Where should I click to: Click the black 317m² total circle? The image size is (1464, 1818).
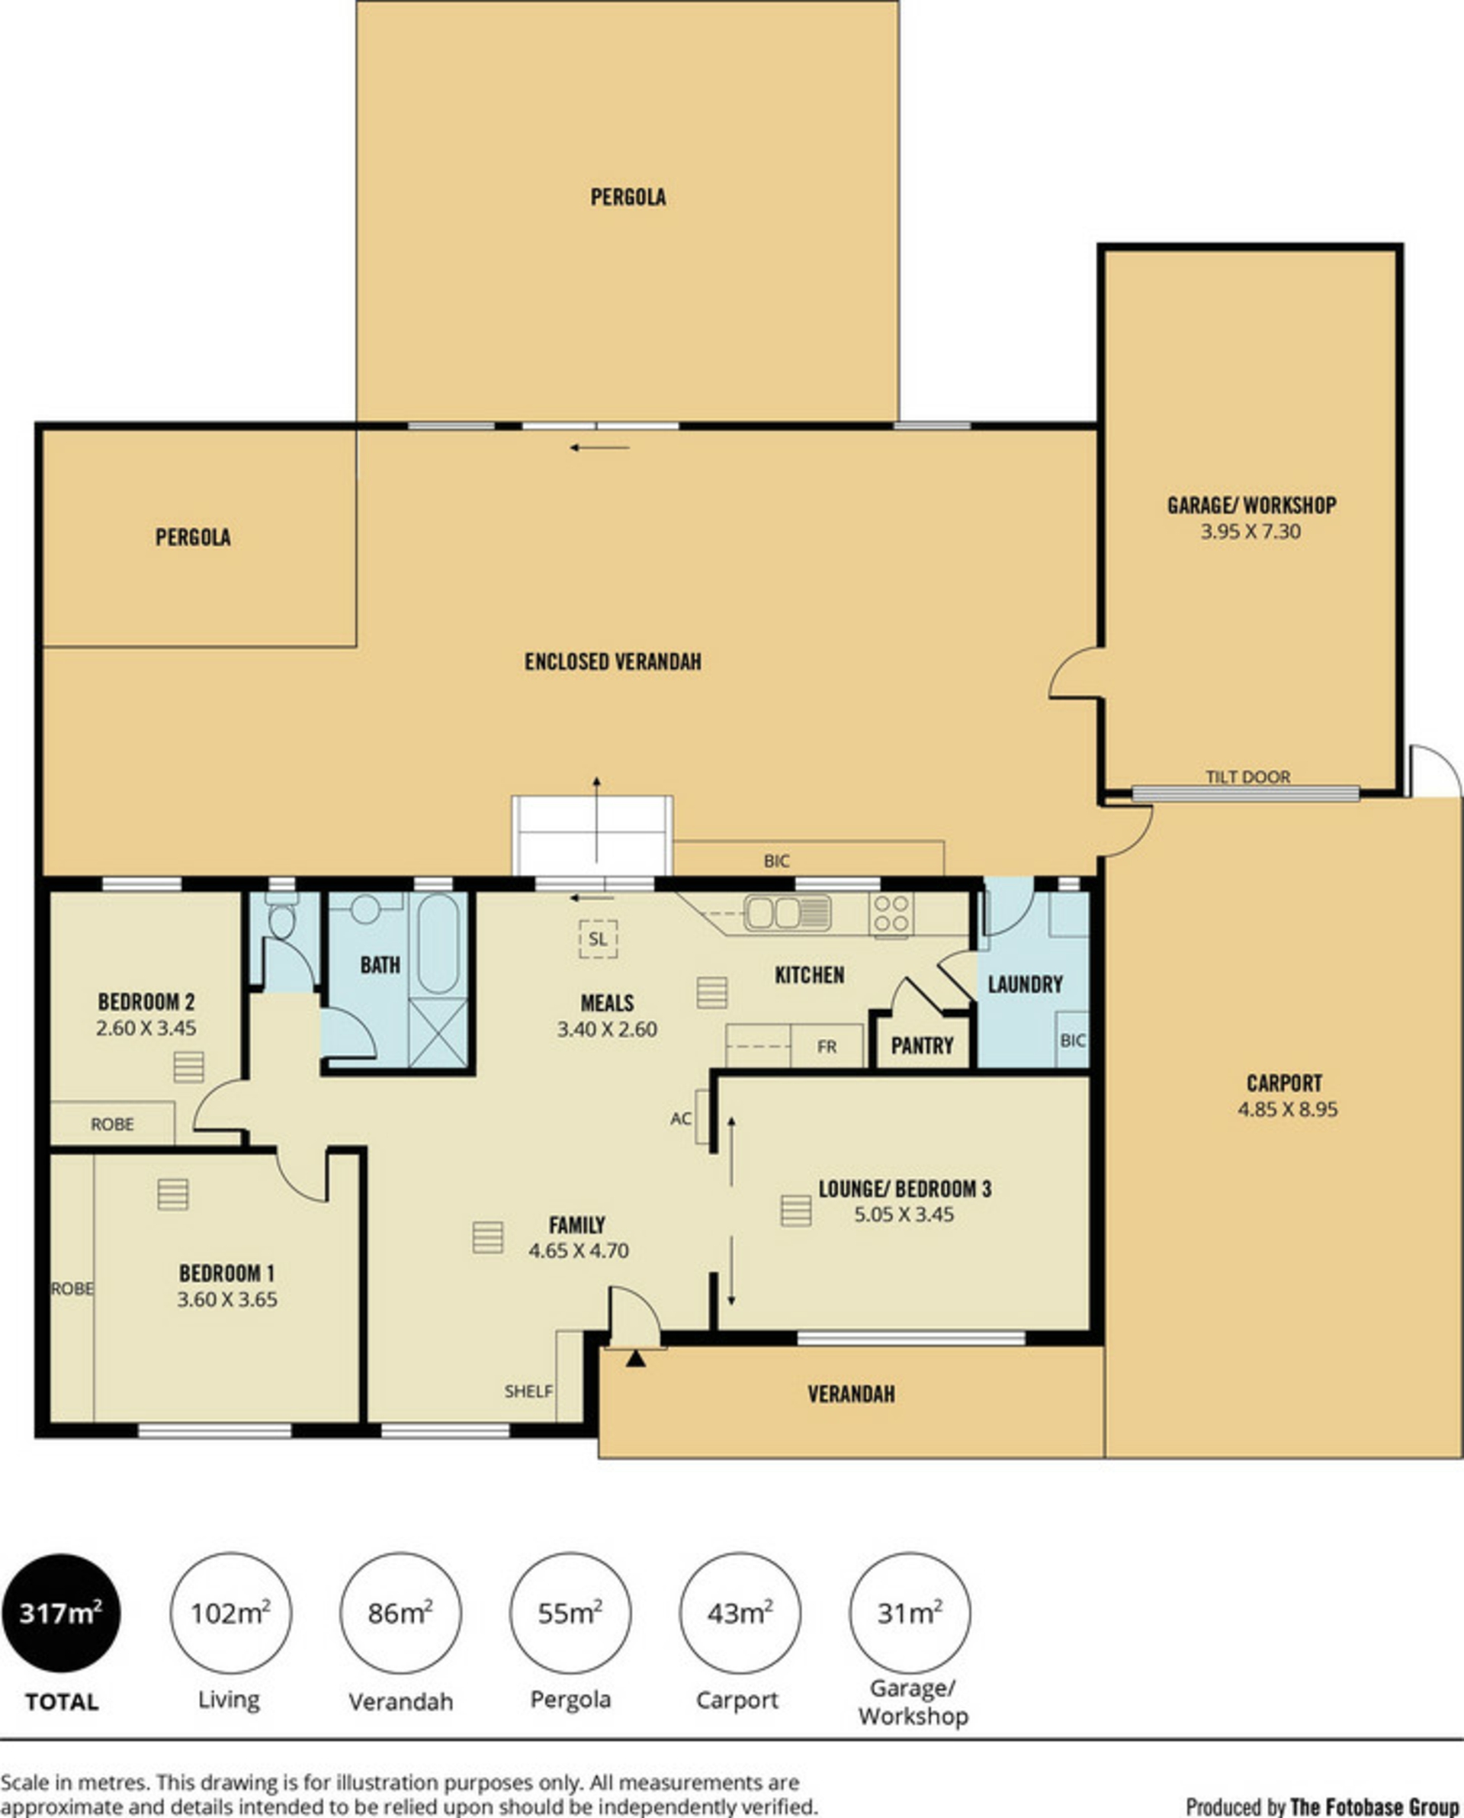pyautogui.click(x=61, y=1613)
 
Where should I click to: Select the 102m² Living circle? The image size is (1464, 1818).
pyautogui.click(x=230, y=1613)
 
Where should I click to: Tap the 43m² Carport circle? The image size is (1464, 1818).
pyautogui.click(x=740, y=1613)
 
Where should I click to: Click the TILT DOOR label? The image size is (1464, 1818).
pyautogui.click(x=1247, y=777)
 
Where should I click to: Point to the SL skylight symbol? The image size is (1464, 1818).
pyautogui.click(x=598, y=939)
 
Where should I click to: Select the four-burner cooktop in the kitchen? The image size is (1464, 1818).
pyautogui.click(x=891, y=914)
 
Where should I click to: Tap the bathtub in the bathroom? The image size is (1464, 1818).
pyautogui.click(x=438, y=944)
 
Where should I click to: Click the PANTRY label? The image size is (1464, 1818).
pyautogui.click(x=922, y=1046)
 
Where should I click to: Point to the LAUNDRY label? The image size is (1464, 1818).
pyautogui.click(x=1025, y=984)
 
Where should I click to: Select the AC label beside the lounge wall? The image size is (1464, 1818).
pyautogui.click(x=681, y=1118)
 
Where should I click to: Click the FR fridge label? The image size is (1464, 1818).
pyautogui.click(x=827, y=1047)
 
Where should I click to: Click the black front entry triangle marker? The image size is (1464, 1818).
pyautogui.click(x=635, y=1359)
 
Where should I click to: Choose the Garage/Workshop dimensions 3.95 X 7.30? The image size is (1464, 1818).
pyautogui.click(x=1250, y=532)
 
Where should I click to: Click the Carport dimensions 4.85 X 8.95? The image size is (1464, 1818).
pyautogui.click(x=1288, y=1109)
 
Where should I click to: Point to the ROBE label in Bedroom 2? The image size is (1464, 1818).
pyautogui.click(x=112, y=1125)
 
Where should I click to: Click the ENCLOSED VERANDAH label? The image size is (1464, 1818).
pyautogui.click(x=613, y=661)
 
